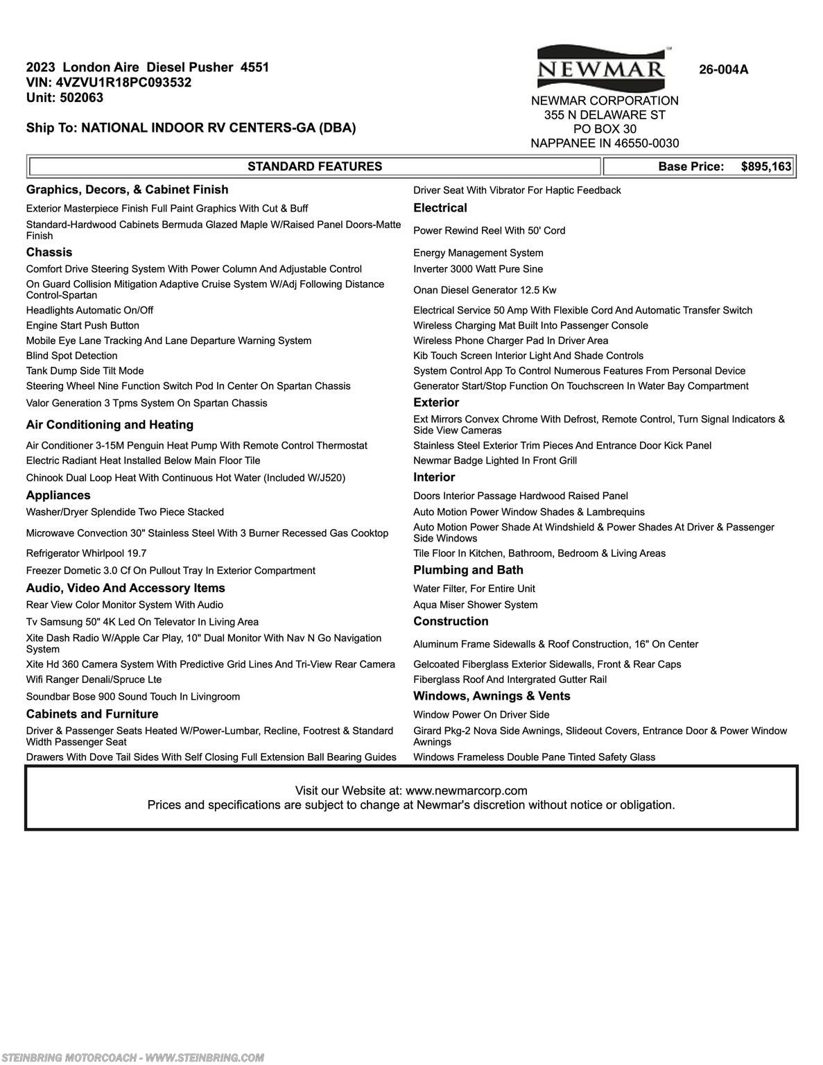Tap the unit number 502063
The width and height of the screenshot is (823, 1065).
click(x=82, y=98)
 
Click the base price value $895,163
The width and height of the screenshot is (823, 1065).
click(x=765, y=166)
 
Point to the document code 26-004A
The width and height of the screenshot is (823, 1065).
click(x=723, y=69)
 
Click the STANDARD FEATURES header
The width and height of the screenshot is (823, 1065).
click(x=315, y=166)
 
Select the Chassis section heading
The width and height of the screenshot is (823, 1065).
click(x=49, y=252)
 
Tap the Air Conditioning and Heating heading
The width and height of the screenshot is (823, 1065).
click(x=110, y=424)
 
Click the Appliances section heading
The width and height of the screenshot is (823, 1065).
click(x=58, y=495)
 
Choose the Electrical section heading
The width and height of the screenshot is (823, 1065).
click(x=440, y=208)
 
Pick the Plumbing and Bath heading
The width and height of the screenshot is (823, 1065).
click(x=468, y=570)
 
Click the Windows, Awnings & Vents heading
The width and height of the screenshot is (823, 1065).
click(x=492, y=696)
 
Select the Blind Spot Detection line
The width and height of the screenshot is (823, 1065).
click(x=71, y=356)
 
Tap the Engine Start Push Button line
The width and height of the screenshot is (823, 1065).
click(x=83, y=325)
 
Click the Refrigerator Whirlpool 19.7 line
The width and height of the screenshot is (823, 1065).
click(x=86, y=553)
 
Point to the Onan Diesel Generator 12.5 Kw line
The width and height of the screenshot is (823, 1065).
click(x=485, y=290)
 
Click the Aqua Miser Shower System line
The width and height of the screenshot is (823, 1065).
click(x=475, y=605)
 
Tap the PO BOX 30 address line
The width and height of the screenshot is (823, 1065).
click(x=605, y=129)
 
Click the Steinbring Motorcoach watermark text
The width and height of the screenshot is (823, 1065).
click(x=132, y=1057)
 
